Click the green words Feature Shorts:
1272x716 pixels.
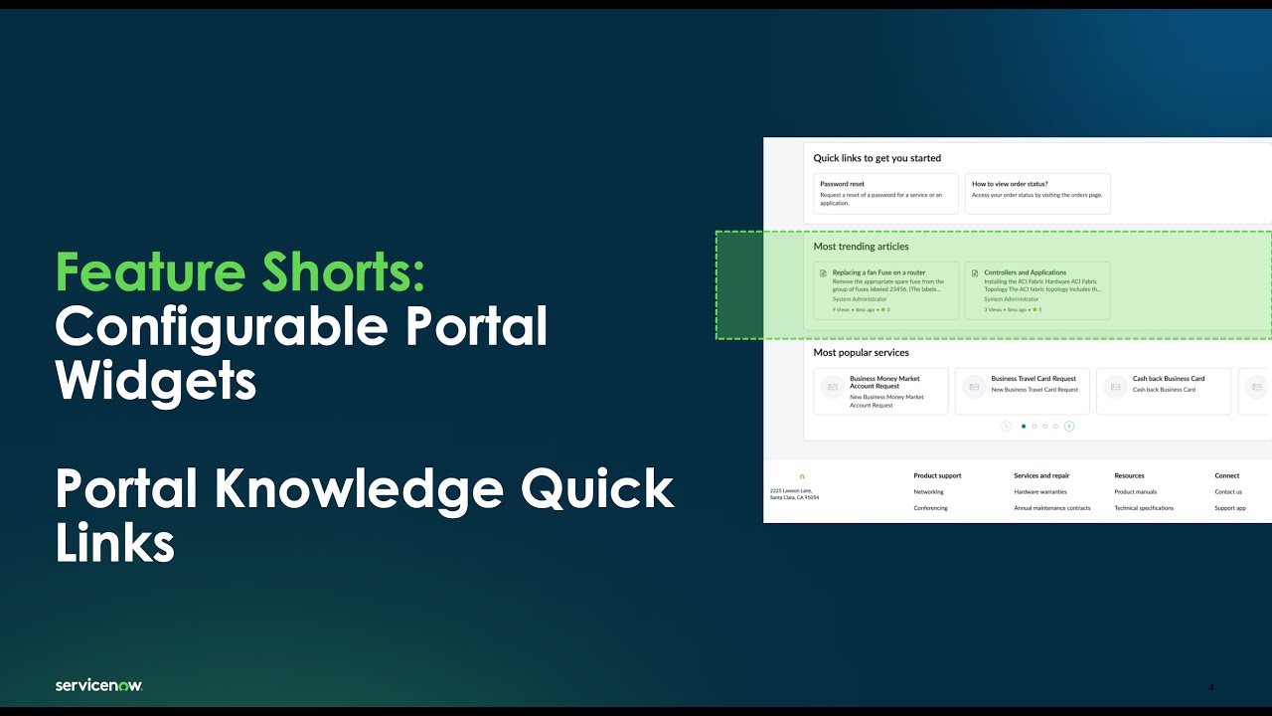coord(240,271)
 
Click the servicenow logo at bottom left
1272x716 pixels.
coord(99,685)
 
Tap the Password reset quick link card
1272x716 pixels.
coord(885,193)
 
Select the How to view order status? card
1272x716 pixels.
coord(1036,193)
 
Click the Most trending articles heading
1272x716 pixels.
coord(861,247)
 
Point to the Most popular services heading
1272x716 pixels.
coord(861,353)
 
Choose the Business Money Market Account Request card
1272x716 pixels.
coord(880,391)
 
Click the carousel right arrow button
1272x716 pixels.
coord(1069,427)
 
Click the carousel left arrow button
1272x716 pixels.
coord(1007,427)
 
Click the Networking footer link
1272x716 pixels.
coord(928,492)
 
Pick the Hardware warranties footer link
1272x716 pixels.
coord(1039,492)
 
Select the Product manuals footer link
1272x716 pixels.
coord(1135,492)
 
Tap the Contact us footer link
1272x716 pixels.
coord(1227,492)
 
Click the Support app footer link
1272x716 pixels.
coord(1229,508)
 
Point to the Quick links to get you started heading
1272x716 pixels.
coord(876,158)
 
